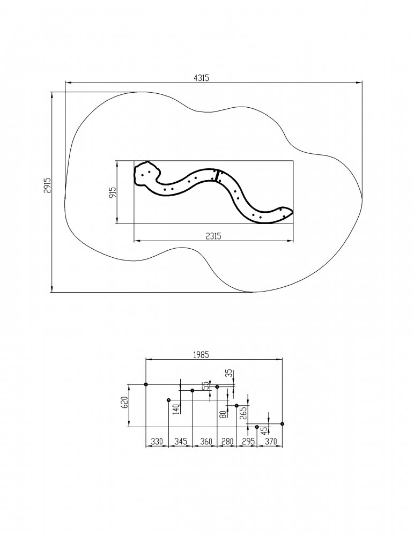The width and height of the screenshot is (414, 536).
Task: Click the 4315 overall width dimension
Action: tap(201, 78)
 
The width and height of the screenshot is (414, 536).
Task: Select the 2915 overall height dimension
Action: tap(47, 185)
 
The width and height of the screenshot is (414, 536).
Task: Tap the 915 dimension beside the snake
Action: tap(113, 192)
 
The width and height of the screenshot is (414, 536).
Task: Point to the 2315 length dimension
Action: tap(213, 236)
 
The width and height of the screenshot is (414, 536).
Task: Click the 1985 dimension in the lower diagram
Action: tap(201, 355)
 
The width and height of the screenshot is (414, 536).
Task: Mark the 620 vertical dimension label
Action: tap(124, 403)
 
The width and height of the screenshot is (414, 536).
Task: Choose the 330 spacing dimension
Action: tap(157, 442)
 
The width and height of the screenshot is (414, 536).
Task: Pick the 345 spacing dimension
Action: tap(181, 442)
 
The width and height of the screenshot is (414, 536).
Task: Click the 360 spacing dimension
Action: tap(206, 442)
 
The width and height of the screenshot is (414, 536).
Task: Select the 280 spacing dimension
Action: tap(227, 442)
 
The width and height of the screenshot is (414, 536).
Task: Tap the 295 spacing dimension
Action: tap(247, 442)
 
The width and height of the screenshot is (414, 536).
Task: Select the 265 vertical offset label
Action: tap(243, 413)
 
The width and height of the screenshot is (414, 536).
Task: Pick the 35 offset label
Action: tap(230, 374)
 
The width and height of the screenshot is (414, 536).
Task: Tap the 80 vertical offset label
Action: tap(223, 414)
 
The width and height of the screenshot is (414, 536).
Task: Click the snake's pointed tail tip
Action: tap(293, 211)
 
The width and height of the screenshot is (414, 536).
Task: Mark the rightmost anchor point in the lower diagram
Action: tap(283, 424)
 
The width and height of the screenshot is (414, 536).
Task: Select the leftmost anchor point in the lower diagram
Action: tap(146, 384)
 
